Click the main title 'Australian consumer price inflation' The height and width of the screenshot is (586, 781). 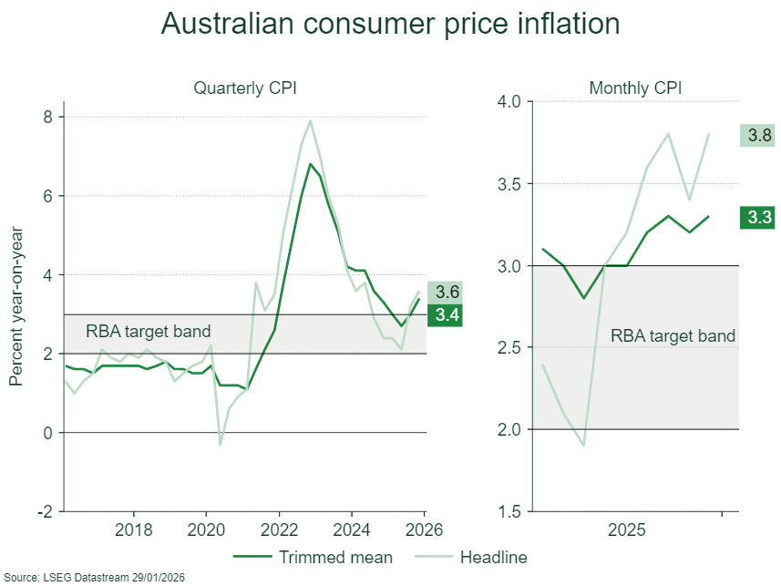[390, 24]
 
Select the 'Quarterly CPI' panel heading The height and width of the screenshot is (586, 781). [245, 88]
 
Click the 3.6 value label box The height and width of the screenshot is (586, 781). [447, 293]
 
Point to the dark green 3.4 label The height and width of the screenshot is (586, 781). [447, 315]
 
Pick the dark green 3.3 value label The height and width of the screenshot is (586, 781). [758, 217]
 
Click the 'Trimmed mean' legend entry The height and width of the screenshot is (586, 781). [313, 557]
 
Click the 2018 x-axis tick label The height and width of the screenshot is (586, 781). [133, 529]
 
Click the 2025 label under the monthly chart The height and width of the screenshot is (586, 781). [628, 529]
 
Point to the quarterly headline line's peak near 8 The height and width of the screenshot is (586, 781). [311, 120]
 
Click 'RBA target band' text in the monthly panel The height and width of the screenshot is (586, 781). [673, 335]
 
